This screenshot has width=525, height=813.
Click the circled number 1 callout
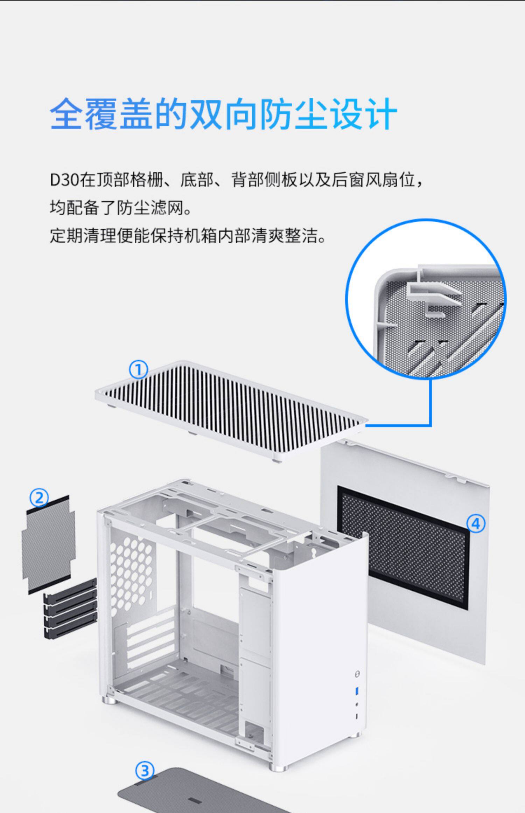coord(139,370)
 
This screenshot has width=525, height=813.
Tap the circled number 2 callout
coord(39,497)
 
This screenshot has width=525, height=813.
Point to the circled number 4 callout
coord(476,524)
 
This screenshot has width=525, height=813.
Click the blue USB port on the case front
coord(357,690)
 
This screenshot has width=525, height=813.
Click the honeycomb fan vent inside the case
coord(131,567)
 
